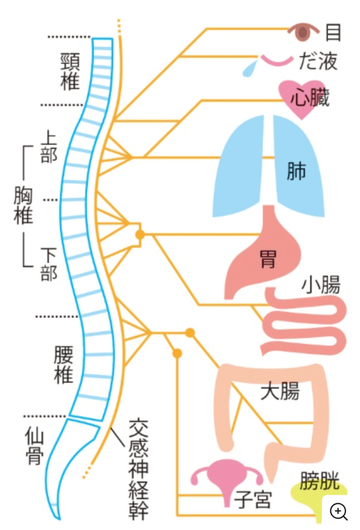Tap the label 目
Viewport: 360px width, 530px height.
333,32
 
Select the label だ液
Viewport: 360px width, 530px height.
318,62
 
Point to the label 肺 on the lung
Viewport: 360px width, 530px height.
296,171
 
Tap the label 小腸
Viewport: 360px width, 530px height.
321,285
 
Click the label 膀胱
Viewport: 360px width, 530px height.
320,482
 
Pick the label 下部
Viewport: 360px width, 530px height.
49,264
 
